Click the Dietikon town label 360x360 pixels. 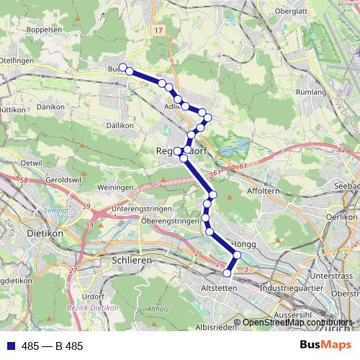coord(45,234)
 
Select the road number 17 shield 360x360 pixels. coord(158,32)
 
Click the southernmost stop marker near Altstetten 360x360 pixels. coord(228,274)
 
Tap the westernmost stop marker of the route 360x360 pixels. coord(123,68)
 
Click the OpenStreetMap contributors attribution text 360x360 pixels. coord(297,323)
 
